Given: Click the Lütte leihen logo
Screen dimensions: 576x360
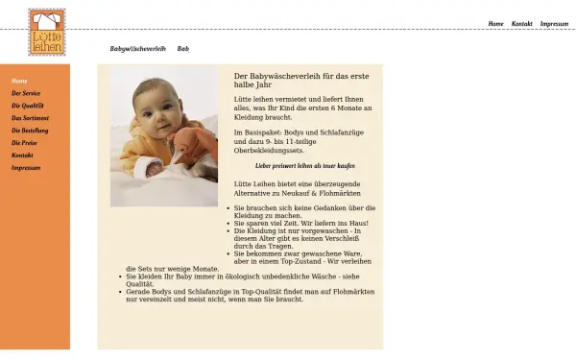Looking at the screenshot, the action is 47,32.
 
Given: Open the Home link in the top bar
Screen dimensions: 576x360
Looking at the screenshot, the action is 495,23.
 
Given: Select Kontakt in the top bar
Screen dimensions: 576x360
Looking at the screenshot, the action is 521,23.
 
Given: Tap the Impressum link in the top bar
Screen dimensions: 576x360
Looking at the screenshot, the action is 554,23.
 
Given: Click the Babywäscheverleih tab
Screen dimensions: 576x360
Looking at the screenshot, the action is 138,48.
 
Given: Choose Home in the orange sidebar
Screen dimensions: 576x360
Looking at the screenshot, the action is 19,81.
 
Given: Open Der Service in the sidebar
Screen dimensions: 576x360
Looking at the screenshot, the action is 26,93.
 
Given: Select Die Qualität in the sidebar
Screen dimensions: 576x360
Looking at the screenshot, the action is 28,106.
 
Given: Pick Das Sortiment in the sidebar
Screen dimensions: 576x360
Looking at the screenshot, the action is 29,118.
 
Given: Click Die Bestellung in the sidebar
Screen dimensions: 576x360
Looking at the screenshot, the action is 30,130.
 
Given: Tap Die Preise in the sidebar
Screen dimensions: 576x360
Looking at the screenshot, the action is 24,142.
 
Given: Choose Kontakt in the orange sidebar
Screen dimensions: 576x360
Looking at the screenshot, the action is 22,155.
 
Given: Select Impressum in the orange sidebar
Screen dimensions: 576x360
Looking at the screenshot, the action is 26,167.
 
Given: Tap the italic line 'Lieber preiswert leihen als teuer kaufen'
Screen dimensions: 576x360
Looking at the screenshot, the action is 303,165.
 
